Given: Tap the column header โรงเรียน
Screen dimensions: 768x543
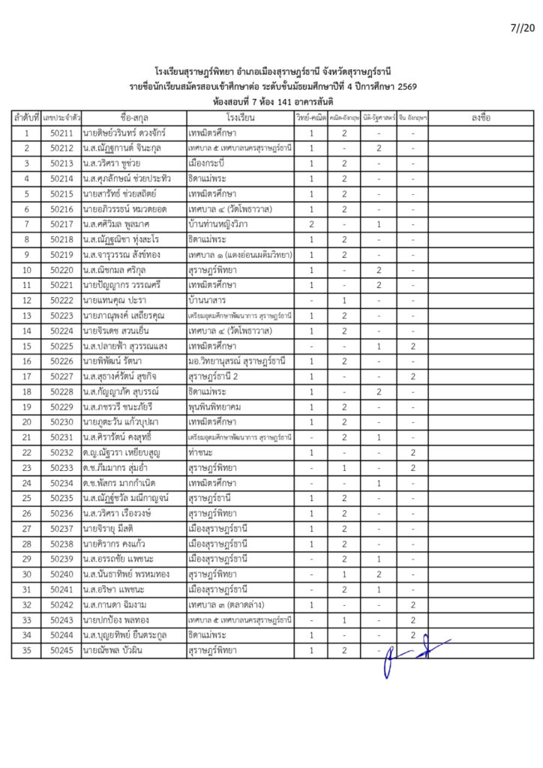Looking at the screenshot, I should pyautogui.click(x=239, y=118).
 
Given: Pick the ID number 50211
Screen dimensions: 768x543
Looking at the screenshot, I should pyautogui.click(x=61, y=133).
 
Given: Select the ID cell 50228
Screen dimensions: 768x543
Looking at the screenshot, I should pyautogui.click(x=61, y=391).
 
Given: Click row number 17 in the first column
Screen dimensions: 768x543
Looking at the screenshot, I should pyautogui.click(x=26, y=376).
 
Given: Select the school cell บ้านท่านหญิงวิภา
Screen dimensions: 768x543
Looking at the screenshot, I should pyautogui.click(x=220, y=224).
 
